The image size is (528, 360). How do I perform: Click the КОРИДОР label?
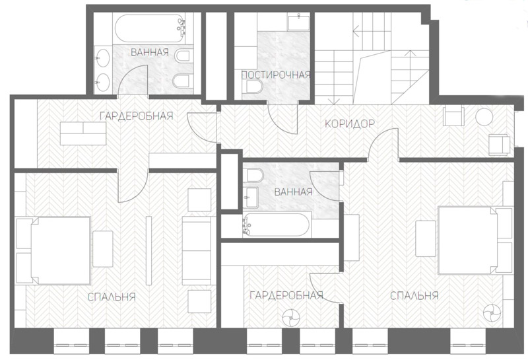(350, 124)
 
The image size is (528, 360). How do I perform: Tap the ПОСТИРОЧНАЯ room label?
(276, 75)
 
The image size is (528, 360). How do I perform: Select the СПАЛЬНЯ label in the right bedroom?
(414, 296)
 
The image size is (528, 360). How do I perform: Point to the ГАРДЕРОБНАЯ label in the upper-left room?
(137, 116)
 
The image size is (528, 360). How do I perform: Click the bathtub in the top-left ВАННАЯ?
(150, 28)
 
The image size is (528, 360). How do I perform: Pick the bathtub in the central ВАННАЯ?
(276, 224)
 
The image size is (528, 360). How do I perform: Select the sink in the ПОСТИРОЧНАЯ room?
(299, 22)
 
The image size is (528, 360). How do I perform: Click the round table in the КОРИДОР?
(484, 117)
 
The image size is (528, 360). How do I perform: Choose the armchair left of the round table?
(454, 116)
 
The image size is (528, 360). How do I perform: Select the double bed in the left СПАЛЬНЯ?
(60, 250)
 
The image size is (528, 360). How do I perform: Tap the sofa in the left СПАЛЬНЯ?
(197, 250)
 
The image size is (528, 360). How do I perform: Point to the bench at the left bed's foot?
(103, 249)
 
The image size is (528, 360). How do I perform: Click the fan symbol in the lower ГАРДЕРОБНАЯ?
(290, 318)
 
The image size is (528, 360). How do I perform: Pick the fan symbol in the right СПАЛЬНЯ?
(491, 313)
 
